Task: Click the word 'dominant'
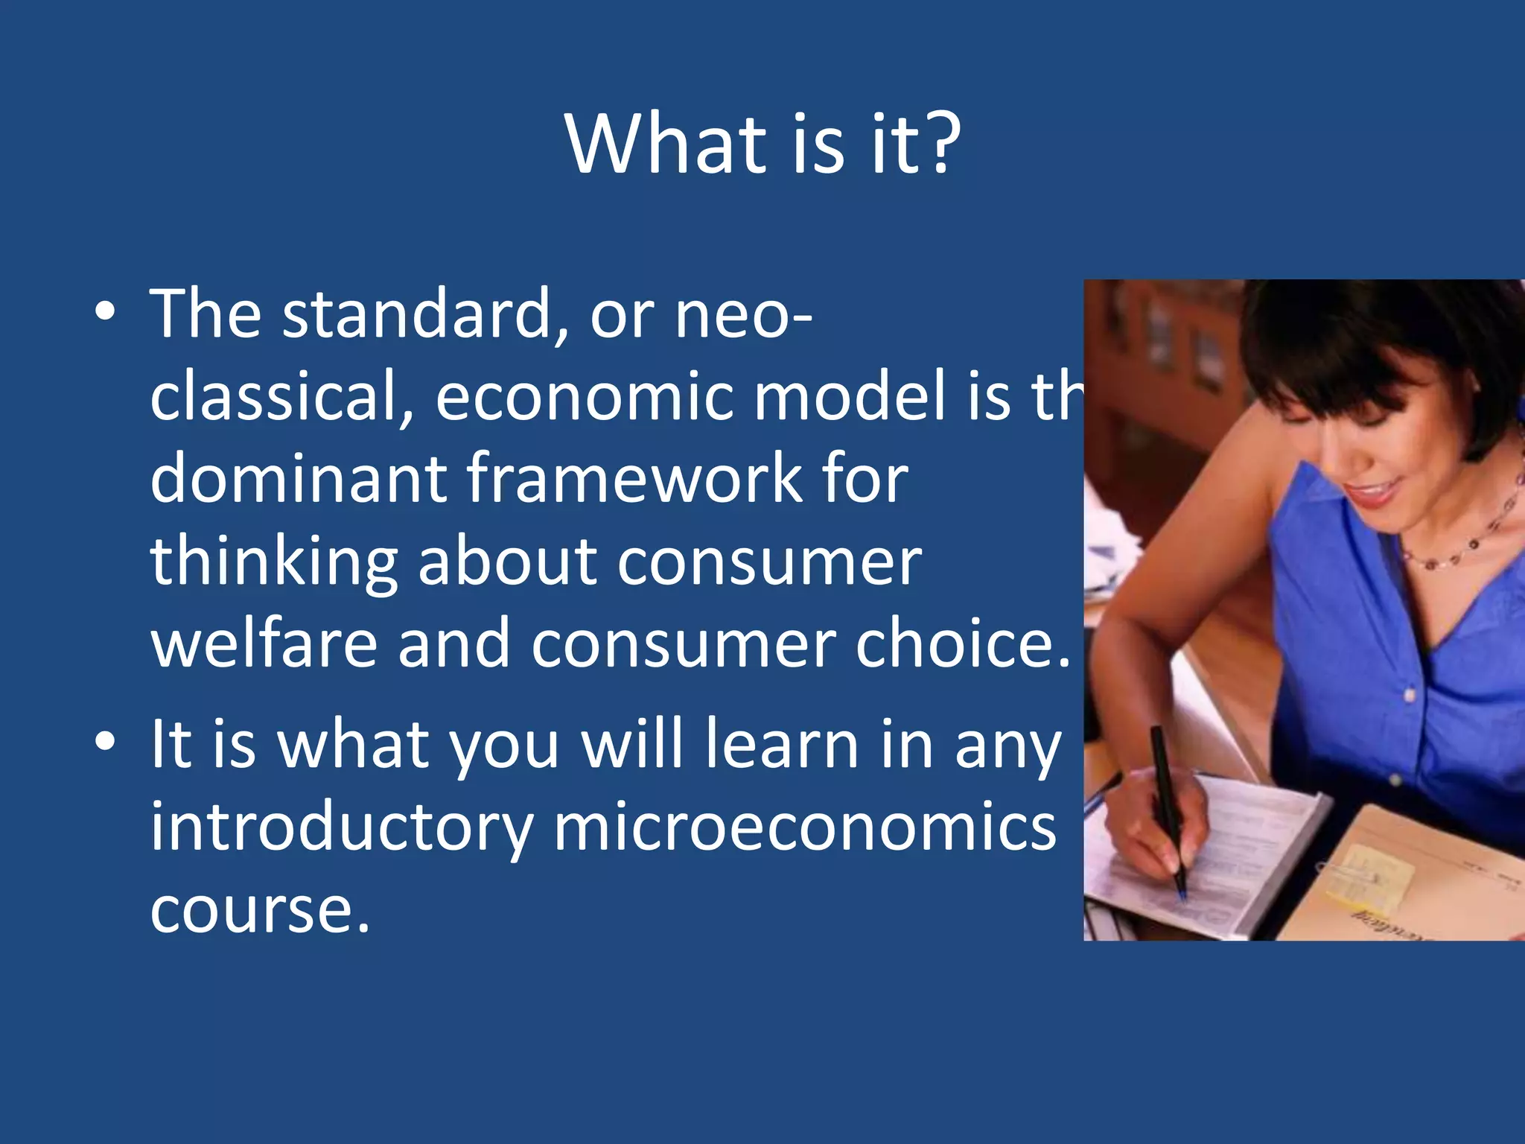tap(298, 478)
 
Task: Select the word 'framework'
tap(634, 478)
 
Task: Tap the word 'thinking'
tap(274, 562)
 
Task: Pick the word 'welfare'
tap(264, 643)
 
